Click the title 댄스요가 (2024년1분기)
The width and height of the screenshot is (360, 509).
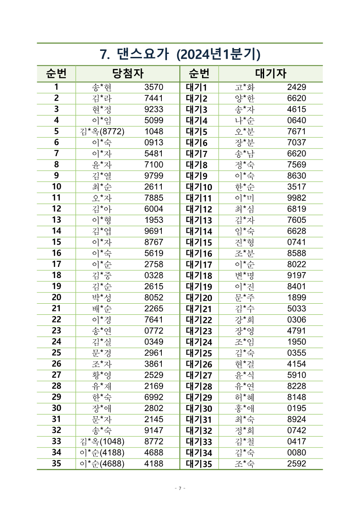(x=180, y=54)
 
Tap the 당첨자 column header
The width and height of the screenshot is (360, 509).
(x=127, y=74)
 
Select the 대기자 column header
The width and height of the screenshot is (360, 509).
(x=271, y=74)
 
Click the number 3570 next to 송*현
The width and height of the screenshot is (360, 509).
(x=154, y=88)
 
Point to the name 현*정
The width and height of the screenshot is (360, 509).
(x=102, y=109)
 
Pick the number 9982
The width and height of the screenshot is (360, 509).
(x=296, y=198)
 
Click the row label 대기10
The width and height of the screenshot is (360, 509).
(x=199, y=187)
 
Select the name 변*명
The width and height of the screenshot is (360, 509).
(x=244, y=275)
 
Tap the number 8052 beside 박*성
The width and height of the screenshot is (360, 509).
(x=154, y=298)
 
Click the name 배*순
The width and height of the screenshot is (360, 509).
(x=102, y=309)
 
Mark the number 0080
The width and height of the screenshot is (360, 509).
(x=296, y=453)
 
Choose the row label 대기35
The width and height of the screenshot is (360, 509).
(x=199, y=464)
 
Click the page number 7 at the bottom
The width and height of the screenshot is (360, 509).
(x=180, y=488)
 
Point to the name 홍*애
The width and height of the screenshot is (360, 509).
(x=244, y=408)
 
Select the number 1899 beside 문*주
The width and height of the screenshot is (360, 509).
(x=296, y=298)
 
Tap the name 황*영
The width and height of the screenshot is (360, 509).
(x=102, y=375)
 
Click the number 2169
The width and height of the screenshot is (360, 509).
(x=154, y=386)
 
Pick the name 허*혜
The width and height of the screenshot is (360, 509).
(x=244, y=397)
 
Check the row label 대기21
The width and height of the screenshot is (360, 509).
(x=199, y=309)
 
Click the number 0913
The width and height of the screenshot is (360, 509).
(x=154, y=143)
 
